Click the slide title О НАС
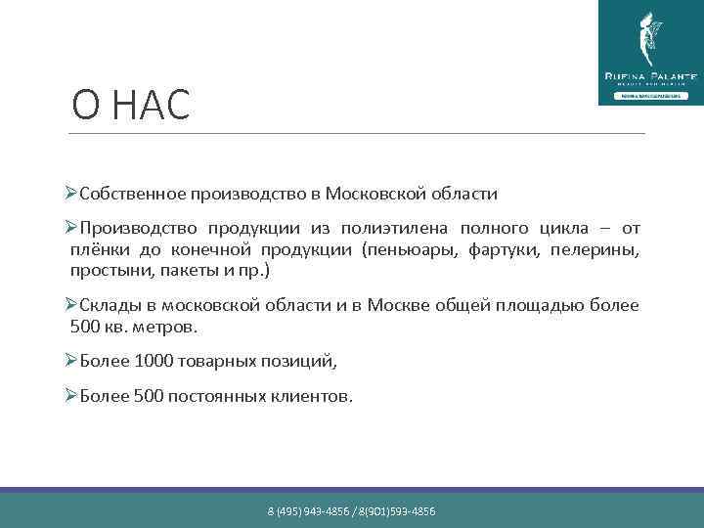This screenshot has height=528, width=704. [131, 106]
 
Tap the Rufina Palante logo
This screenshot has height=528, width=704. [649, 53]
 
